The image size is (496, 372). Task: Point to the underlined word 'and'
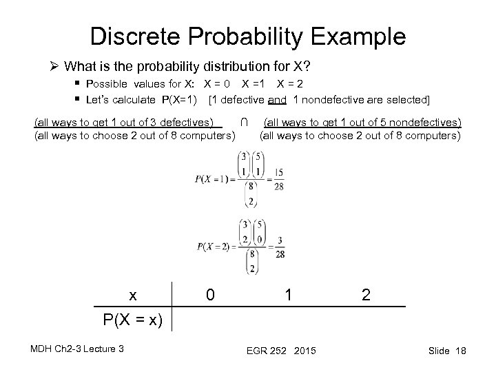click(278, 100)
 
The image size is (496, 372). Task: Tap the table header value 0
click(211, 295)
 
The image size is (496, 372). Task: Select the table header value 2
click(366, 295)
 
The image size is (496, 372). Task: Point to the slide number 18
click(460, 351)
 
